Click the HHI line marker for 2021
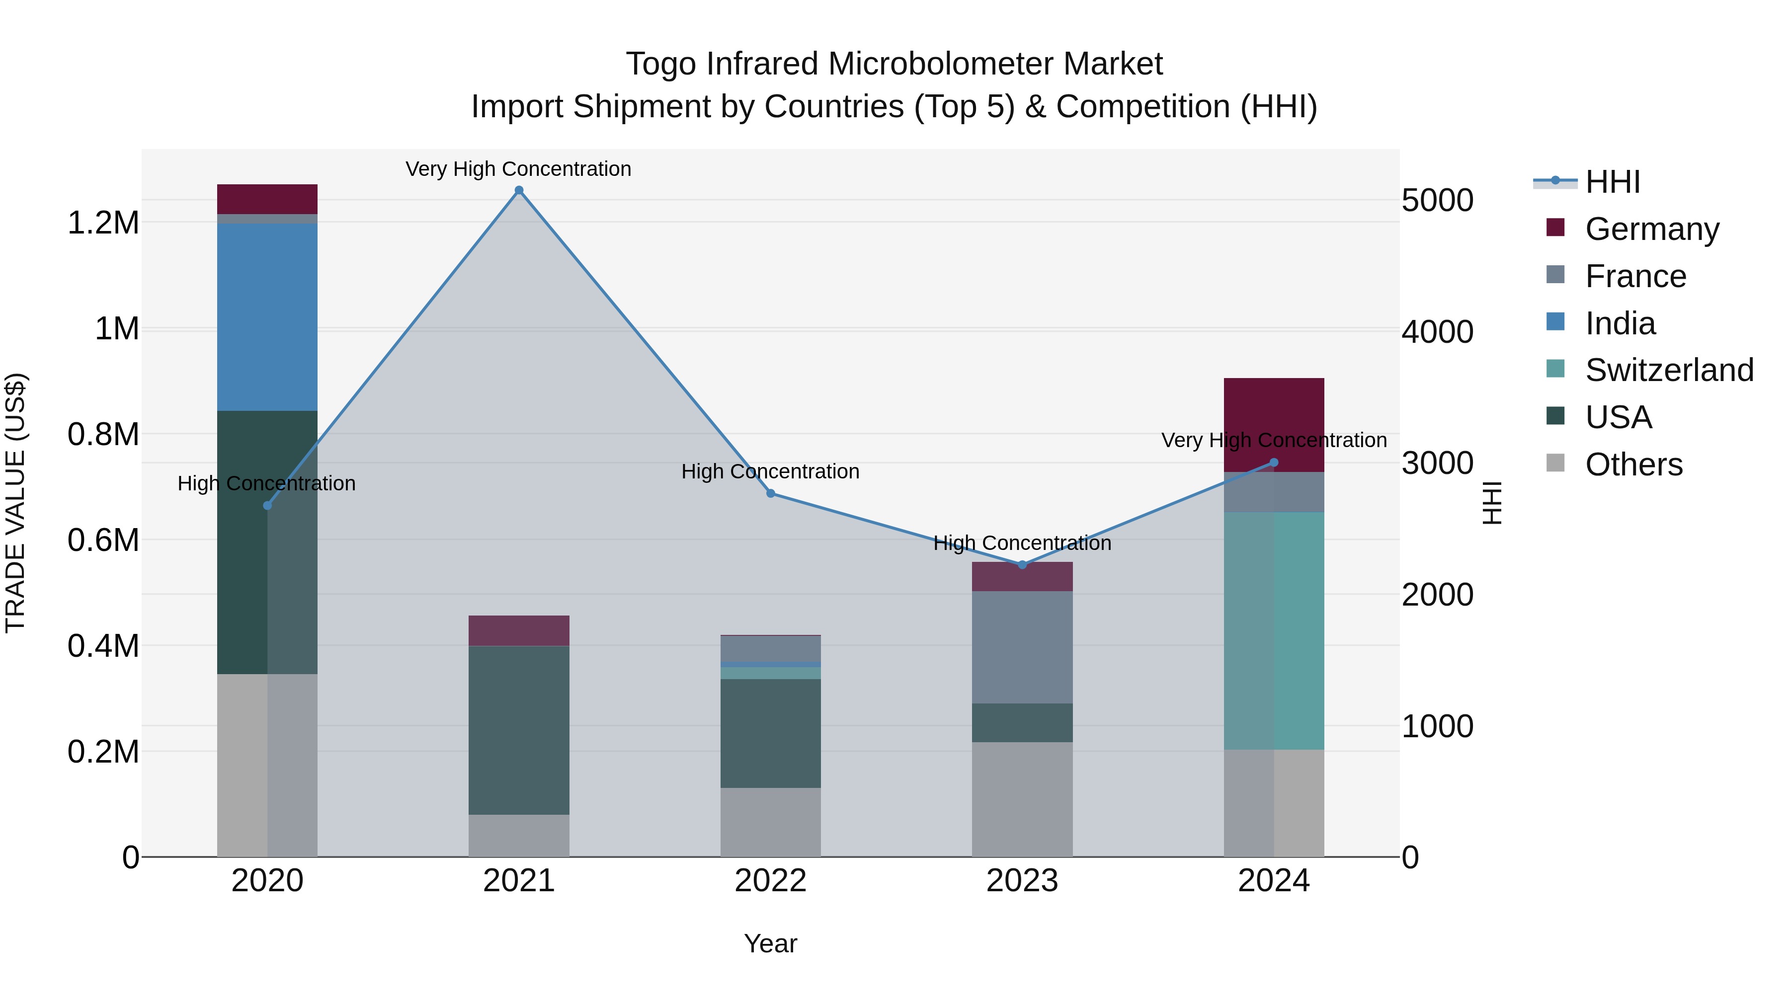[x=519, y=190]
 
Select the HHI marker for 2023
[x=1022, y=564]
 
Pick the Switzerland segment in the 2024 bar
[x=1274, y=630]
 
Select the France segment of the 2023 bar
[x=1022, y=647]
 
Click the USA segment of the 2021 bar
[x=519, y=730]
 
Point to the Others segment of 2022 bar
[x=770, y=822]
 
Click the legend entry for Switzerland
[x=1669, y=370]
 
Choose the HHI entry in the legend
[x=1613, y=182]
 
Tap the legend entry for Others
[x=1633, y=464]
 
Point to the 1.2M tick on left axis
[x=103, y=224]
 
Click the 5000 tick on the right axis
[x=1437, y=201]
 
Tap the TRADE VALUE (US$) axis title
[x=15, y=503]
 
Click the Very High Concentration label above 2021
[x=518, y=169]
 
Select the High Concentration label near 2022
[x=770, y=472]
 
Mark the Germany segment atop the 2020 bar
[x=267, y=199]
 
